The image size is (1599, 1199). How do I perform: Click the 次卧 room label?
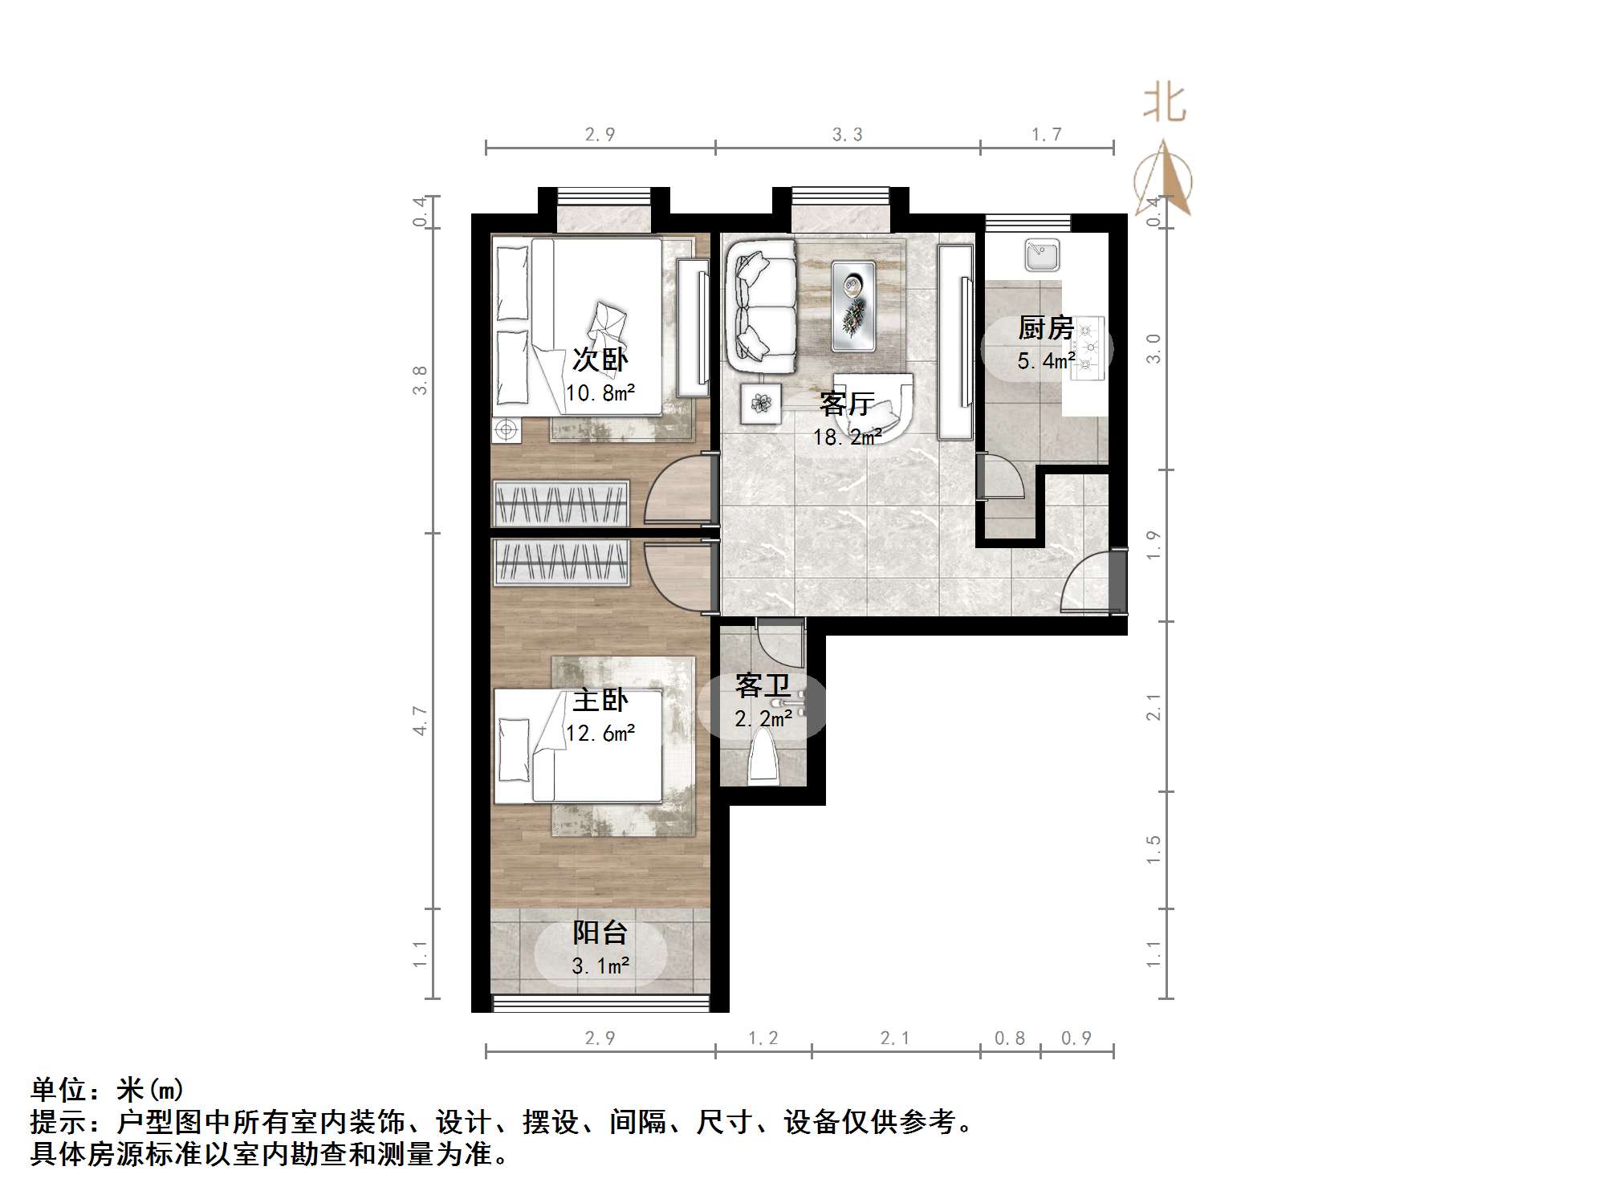click(x=600, y=359)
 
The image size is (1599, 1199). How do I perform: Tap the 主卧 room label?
click(x=600, y=700)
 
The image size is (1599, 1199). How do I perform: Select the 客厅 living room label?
click(x=847, y=403)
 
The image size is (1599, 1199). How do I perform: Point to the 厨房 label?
click(x=1045, y=327)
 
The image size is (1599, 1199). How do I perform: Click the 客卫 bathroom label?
click(x=763, y=685)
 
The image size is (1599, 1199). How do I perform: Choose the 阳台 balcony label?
click(x=600, y=933)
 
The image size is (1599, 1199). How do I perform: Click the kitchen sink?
click(x=1042, y=255)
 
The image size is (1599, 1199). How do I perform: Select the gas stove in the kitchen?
click(x=1087, y=347)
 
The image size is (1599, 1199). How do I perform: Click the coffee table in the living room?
click(x=852, y=306)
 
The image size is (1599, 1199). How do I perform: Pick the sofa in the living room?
click(x=761, y=307)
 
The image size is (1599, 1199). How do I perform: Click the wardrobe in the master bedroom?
click(x=560, y=562)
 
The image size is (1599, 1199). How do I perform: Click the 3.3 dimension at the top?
click(x=847, y=134)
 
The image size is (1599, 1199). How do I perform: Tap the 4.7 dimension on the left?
click(x=420, y=720)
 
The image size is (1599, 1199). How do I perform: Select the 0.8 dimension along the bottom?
click(x=1009, y=1038)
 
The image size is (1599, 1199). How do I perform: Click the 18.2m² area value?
click(x=847, y=437)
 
